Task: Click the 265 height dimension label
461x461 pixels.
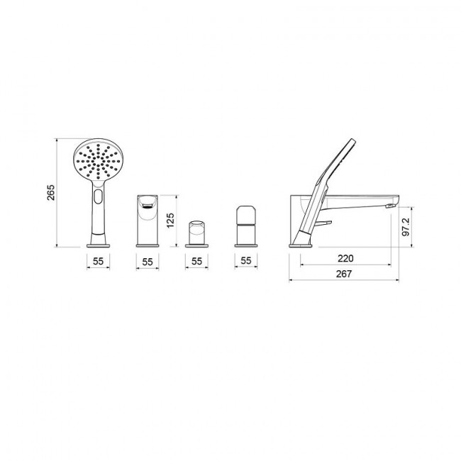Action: (51, 193)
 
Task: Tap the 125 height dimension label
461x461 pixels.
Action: (170, 220)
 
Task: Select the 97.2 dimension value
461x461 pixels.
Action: (406, 227)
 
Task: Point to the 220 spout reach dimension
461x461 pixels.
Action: (345, 258)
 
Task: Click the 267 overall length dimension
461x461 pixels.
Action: (344, 274)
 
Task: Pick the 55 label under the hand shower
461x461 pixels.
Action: (98, 261)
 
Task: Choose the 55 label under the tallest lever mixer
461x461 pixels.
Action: (148, 262)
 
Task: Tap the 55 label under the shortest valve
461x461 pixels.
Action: (196, 261)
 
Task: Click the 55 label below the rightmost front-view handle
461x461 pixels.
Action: (246, 260)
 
